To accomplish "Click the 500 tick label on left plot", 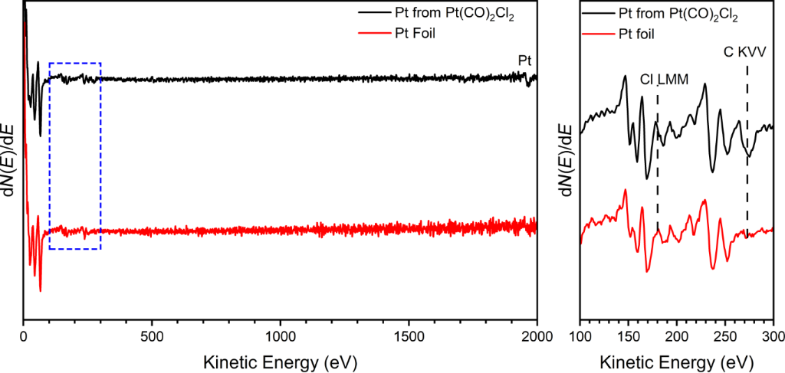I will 153,335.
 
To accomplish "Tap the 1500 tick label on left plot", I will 409,335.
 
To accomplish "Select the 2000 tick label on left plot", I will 537,335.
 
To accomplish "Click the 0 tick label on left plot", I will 24,335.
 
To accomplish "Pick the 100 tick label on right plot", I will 580,335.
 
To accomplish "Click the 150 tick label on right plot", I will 629,335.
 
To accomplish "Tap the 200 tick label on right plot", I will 677,335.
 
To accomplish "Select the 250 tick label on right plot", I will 725,335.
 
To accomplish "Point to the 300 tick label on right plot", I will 773,335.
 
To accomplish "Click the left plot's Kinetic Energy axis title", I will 280,359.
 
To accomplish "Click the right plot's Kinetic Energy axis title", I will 677,359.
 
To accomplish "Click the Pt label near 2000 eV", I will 525,59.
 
